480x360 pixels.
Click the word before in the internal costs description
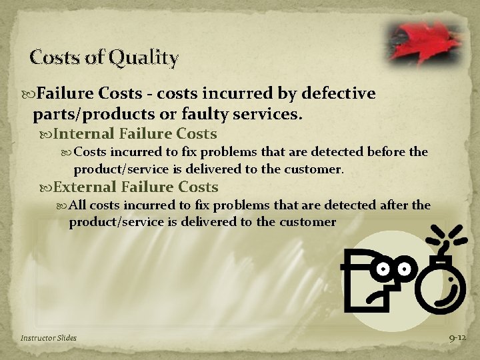pos(382,152)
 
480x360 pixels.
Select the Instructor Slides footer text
pos(48,338)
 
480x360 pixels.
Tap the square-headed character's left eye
pos(385,269)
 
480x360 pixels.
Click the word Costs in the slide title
pos(56,59)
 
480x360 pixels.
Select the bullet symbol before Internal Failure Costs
pos(45,134)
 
